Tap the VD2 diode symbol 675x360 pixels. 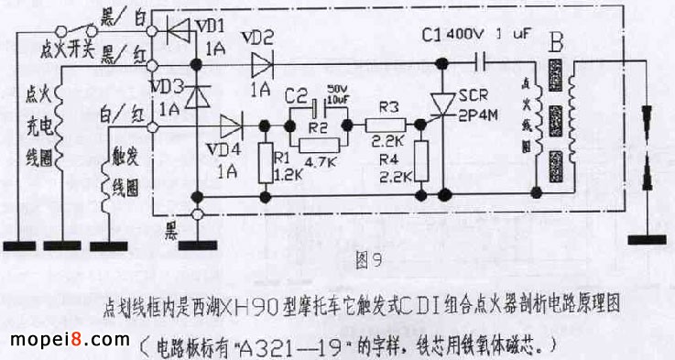[262, 63]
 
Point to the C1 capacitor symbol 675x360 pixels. [483, 62]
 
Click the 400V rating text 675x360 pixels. [470, 36]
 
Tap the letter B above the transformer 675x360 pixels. [555, 42]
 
